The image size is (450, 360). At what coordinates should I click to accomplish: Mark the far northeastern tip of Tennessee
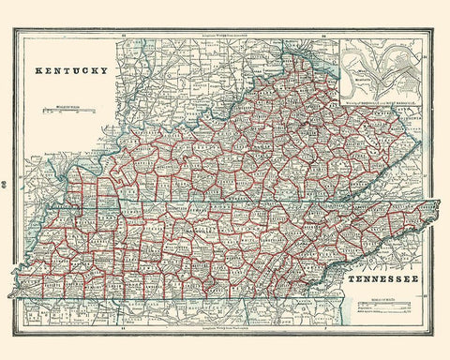(439, 202)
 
